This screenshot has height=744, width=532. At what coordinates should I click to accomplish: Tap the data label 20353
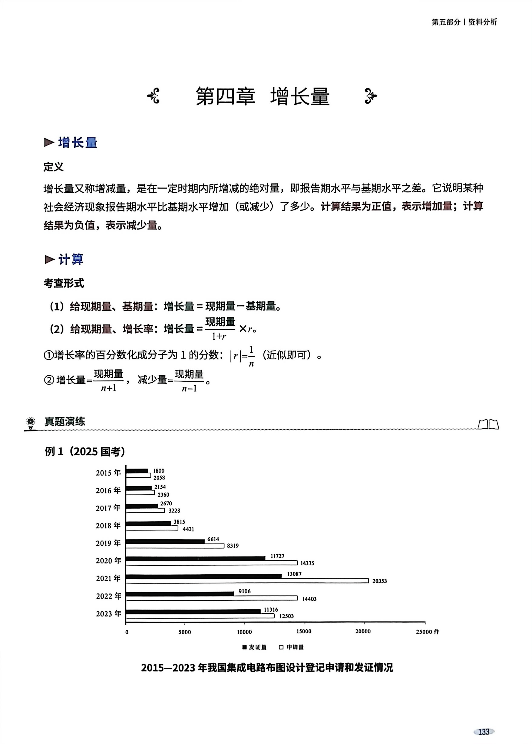click(379, 581)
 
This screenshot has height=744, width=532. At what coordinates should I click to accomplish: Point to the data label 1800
click(159, 471)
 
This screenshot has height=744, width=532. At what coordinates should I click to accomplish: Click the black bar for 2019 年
click(165, 541)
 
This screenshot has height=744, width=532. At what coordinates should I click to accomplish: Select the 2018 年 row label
click(108, 526)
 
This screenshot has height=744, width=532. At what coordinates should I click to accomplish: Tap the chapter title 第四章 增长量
click(262, 96)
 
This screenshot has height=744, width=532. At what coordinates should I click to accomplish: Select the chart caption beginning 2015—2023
click(267, 668)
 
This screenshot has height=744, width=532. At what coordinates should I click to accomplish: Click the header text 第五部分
click(446, 22)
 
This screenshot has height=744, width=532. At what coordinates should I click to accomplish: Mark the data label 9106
click(244, 591)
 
